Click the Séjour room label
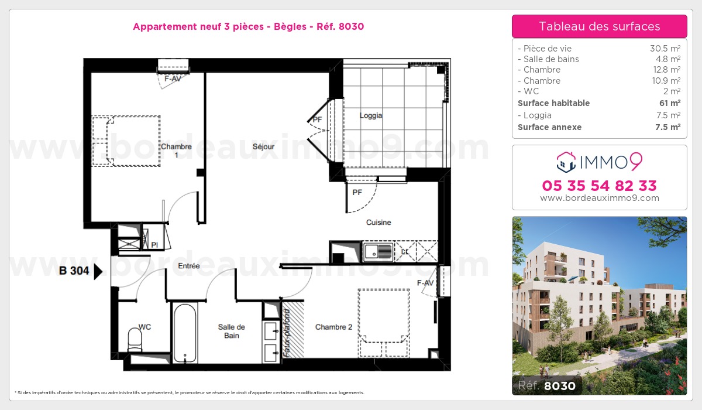pos(263,146)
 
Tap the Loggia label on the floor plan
pos(371,115)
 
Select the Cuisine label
pos(378,223)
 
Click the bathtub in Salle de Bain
pos(185,333)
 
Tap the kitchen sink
pos(378,252)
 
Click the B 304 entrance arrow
pos(98,271)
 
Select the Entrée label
pos(188,266)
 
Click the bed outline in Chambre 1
pos(126,141)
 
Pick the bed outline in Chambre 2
pos(384,323)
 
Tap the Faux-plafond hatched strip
pos(293,329)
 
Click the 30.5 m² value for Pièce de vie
pos(665,48)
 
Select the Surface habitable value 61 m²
pos(670,103)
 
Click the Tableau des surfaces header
pos(599,26)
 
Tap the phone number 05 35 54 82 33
pos(599,186)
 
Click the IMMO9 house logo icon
pos(566,162)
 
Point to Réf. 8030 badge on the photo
pos(547,385)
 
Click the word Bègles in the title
pos(290,27)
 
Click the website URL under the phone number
pos(599,198)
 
